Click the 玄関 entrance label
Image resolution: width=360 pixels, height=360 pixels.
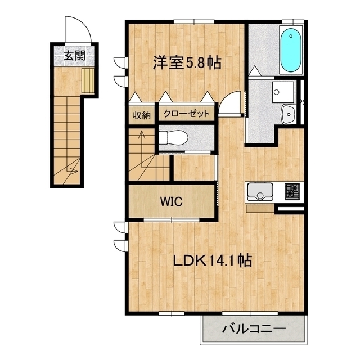75,56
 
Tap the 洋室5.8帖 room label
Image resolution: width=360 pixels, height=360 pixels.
187,63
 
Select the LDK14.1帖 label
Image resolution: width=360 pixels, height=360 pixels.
213,260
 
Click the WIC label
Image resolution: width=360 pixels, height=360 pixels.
172,201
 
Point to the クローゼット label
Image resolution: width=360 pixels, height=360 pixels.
186,114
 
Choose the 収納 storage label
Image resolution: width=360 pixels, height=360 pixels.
142,115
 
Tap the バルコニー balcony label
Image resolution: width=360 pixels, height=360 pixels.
254,328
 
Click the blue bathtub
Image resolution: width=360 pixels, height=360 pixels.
291,50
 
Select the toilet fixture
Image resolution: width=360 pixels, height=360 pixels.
173,138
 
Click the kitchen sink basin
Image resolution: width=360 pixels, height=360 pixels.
260,192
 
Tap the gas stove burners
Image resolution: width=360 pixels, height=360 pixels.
292,191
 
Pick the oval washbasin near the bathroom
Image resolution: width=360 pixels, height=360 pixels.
287,114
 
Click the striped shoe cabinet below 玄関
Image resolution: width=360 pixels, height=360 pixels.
88,80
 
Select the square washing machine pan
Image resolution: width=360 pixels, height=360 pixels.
283,92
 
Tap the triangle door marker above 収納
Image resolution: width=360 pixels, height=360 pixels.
135,97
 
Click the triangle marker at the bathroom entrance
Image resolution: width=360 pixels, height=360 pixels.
254,70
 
